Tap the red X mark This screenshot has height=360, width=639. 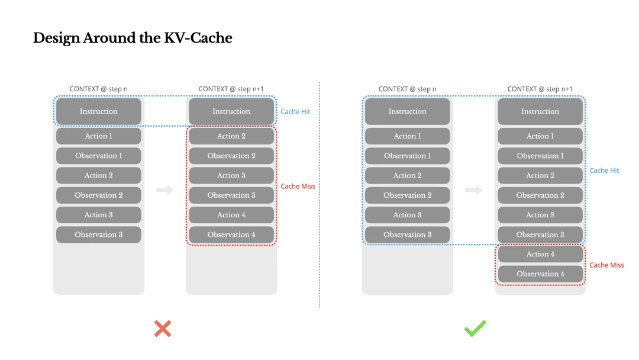pyautogui.click(x=163, y=329)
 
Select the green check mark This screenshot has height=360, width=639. pyautogui.click(x=475, y=329)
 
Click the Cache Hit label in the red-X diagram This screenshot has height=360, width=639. pyautogui.click(x=295, y=111)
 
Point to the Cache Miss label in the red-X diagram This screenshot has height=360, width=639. pyautogui.click(x=298, y=186)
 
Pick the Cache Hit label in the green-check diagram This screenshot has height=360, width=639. pyautogui.click(x=604, y=171)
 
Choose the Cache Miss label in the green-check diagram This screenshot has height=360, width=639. pyautogui.click(x=606, y=265)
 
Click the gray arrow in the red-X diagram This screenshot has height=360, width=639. pyautogui.click(x=165, y=190)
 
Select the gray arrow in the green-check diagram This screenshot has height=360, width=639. pyautogui.click(x=473, y=190)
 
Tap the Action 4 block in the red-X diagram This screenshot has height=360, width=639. pyautogui.click(x=231, y=215)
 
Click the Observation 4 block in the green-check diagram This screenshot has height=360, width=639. pyautogui.click(x=540, y=274)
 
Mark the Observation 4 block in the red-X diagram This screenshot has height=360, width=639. pyautogui.click(x=231, y=234)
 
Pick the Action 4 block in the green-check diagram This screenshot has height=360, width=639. pyautogui.click(x=540, y=254)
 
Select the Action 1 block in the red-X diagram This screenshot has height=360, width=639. pyautogui.click(x=99, y=136)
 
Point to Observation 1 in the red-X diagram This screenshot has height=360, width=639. pyautogui.click(x=99, y=156)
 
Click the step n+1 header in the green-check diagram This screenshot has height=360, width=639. pyautogui.click(x=540, y=89)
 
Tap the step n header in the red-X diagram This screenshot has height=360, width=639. pyautogui.click(x=99, y=89)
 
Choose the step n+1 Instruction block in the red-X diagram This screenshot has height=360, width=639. pyautogui.click(x=231, y=111)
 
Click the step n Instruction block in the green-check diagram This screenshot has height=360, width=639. pyautogui.click(x=407, y=111)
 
